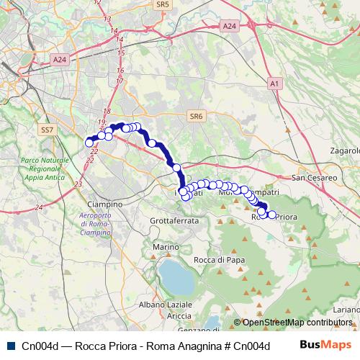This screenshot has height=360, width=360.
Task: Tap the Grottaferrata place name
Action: [x=174, y=220]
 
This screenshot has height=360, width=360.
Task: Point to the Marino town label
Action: [x=165, y=247]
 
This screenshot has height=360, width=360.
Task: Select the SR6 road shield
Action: [x=195, y=115]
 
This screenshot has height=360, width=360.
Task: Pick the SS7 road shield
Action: [x=47, y=130]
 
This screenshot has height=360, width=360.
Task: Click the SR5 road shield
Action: [x=162, y=4]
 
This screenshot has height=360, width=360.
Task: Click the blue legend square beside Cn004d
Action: [x=9, y=346]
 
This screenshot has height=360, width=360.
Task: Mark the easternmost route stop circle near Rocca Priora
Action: [x=271, y=214]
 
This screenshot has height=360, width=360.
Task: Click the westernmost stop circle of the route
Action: [x=89, y=143]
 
